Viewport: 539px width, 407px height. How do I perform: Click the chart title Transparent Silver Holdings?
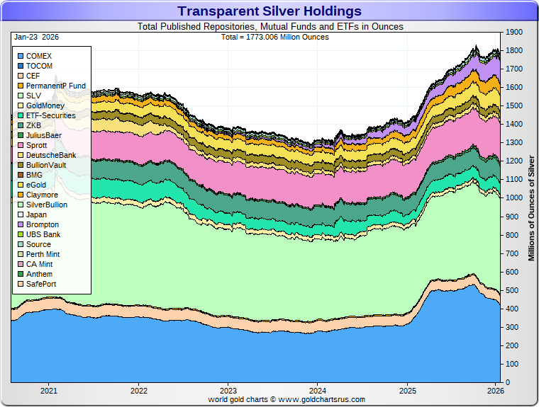269,11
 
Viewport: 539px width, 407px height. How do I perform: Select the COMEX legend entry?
39,56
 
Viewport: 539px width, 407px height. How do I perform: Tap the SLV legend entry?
34,96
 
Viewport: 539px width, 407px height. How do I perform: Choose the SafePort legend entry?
42,284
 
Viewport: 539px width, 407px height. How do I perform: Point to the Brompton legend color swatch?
20,224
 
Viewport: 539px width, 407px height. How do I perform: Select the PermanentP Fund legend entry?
55,86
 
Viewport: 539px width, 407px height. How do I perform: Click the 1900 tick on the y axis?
513,33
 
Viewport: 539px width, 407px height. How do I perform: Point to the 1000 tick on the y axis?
513,198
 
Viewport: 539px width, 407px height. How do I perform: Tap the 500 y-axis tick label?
511,290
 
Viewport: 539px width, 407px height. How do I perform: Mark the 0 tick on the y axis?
506,382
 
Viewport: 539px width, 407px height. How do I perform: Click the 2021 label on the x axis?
49,390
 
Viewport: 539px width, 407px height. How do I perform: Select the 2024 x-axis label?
318,390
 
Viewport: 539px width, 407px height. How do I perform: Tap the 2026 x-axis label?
496,390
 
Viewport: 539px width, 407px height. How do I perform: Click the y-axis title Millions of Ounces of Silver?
531,205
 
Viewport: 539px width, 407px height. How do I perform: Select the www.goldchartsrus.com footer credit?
287,399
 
